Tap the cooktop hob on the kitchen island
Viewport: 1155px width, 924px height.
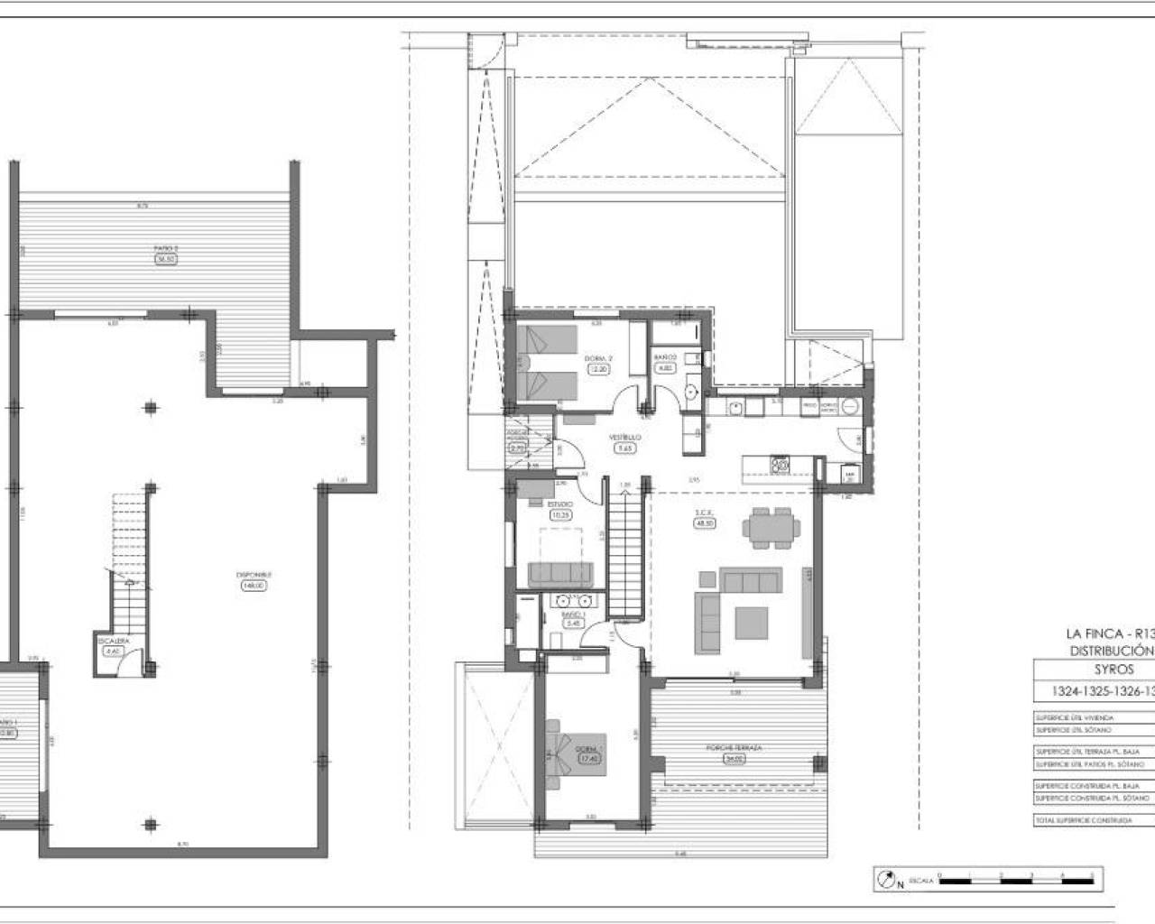(781, 466)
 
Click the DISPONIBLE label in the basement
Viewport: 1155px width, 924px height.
(254, 575)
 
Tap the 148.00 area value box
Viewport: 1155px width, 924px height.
(254, 586)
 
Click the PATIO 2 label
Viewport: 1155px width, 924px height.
(165, 248)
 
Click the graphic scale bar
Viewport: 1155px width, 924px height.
(1015, 876)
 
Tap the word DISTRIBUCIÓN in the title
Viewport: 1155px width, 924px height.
(1112, 650)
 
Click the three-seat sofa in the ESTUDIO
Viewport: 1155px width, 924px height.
(559, 573)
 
